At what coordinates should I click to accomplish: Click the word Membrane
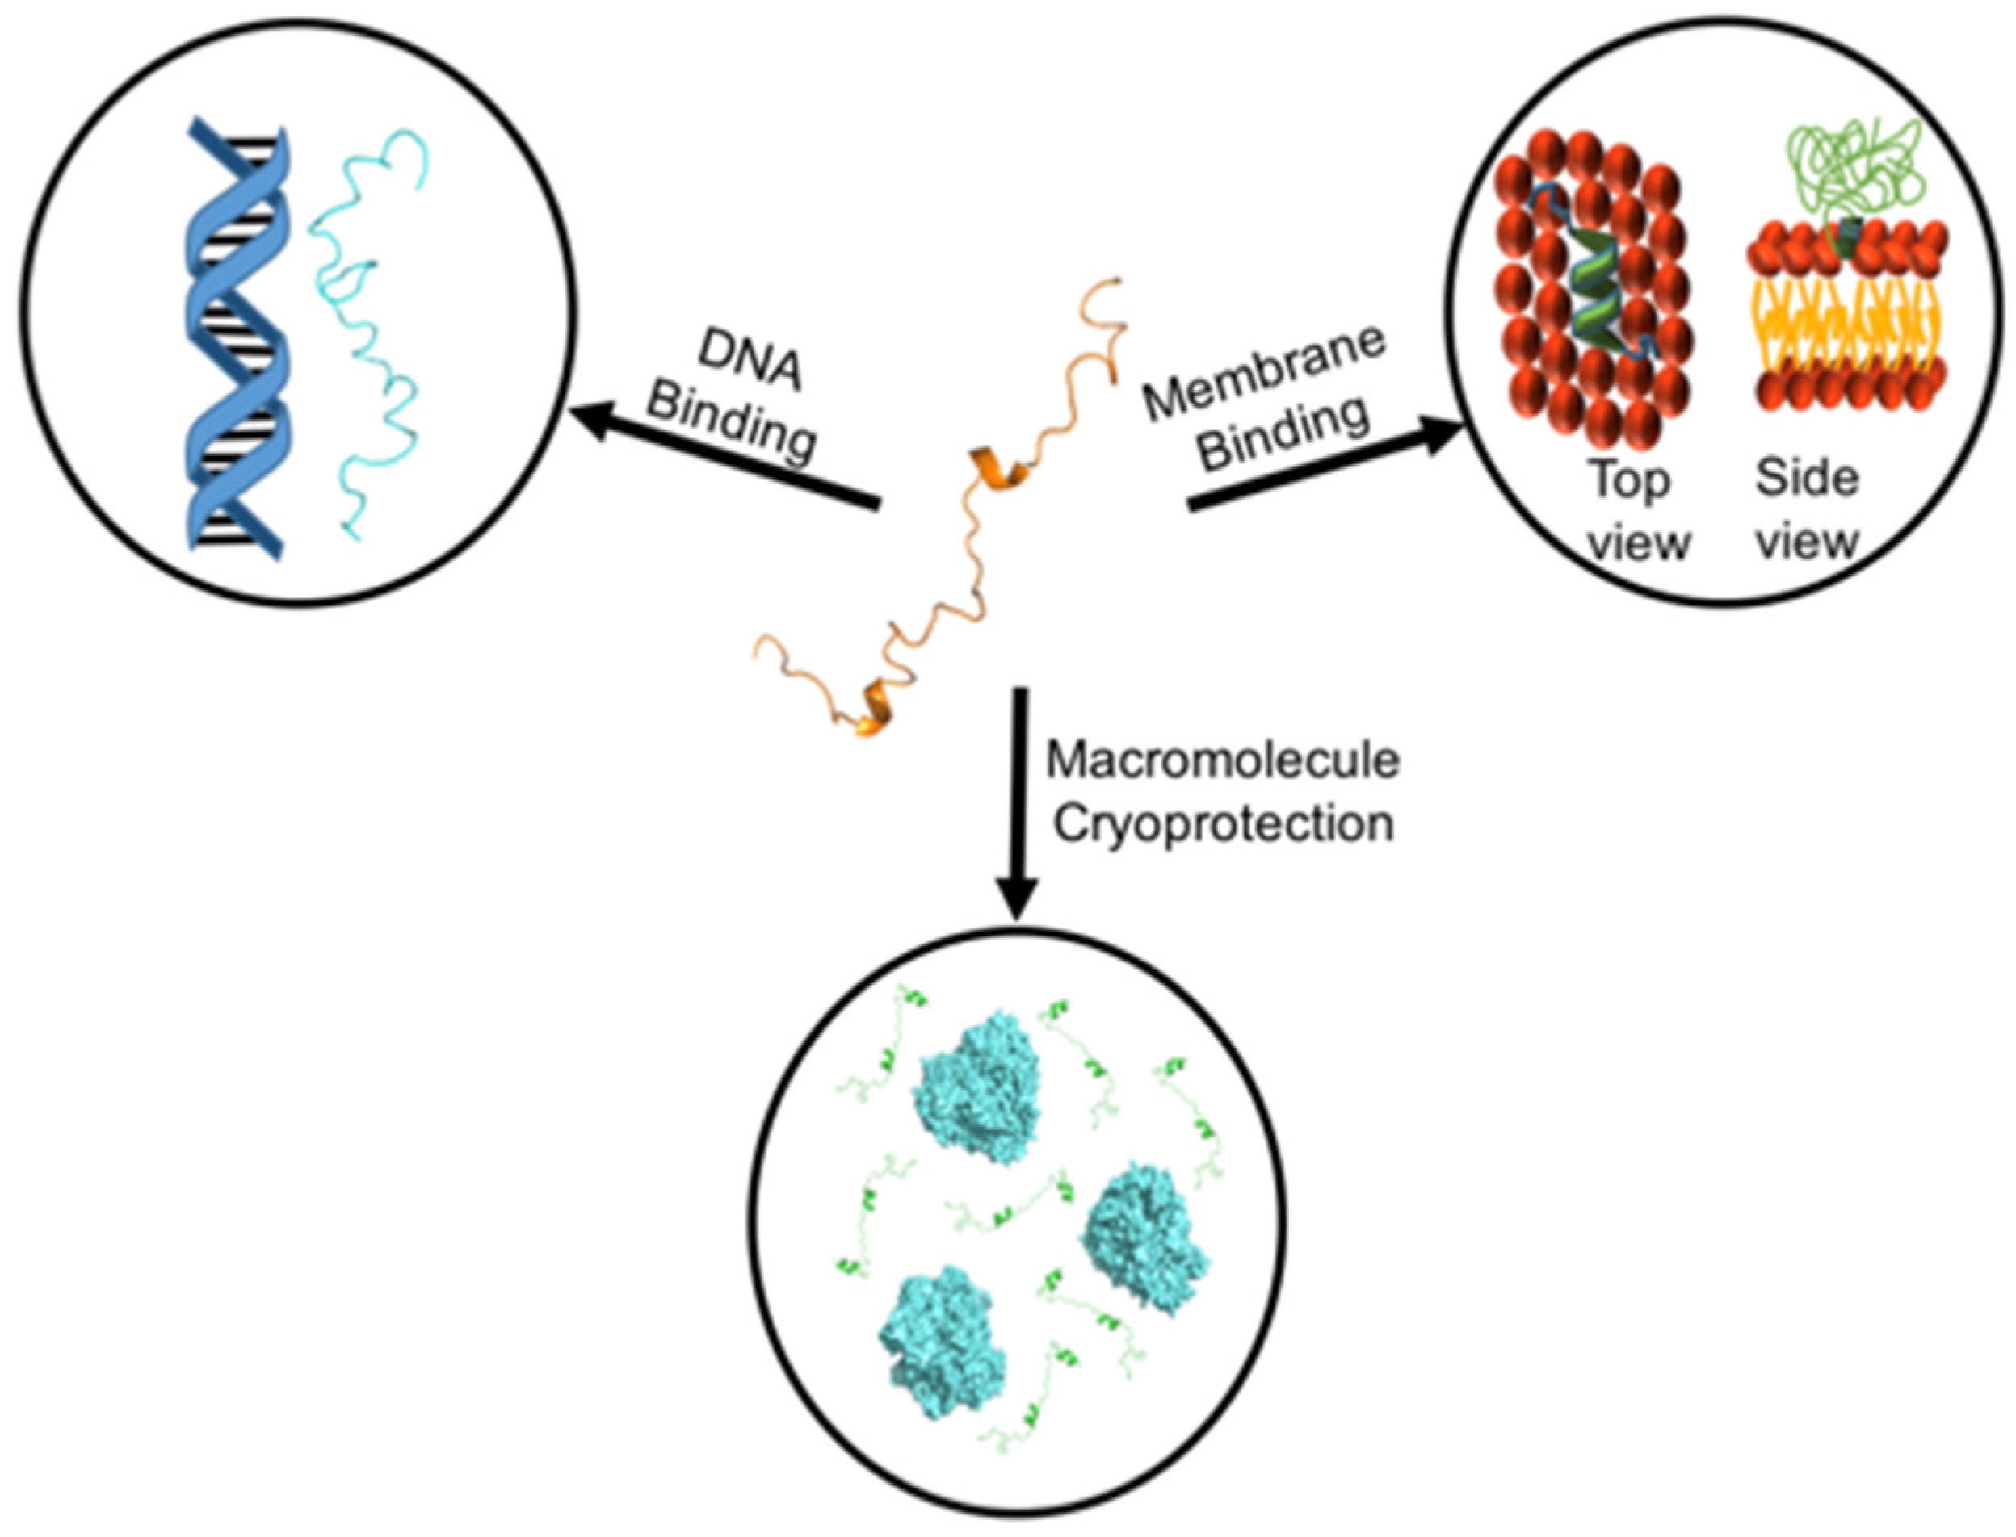coord(1265,375)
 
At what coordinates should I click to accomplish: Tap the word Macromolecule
coord(1223,761)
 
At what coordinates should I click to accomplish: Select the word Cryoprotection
coord(1223,824)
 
